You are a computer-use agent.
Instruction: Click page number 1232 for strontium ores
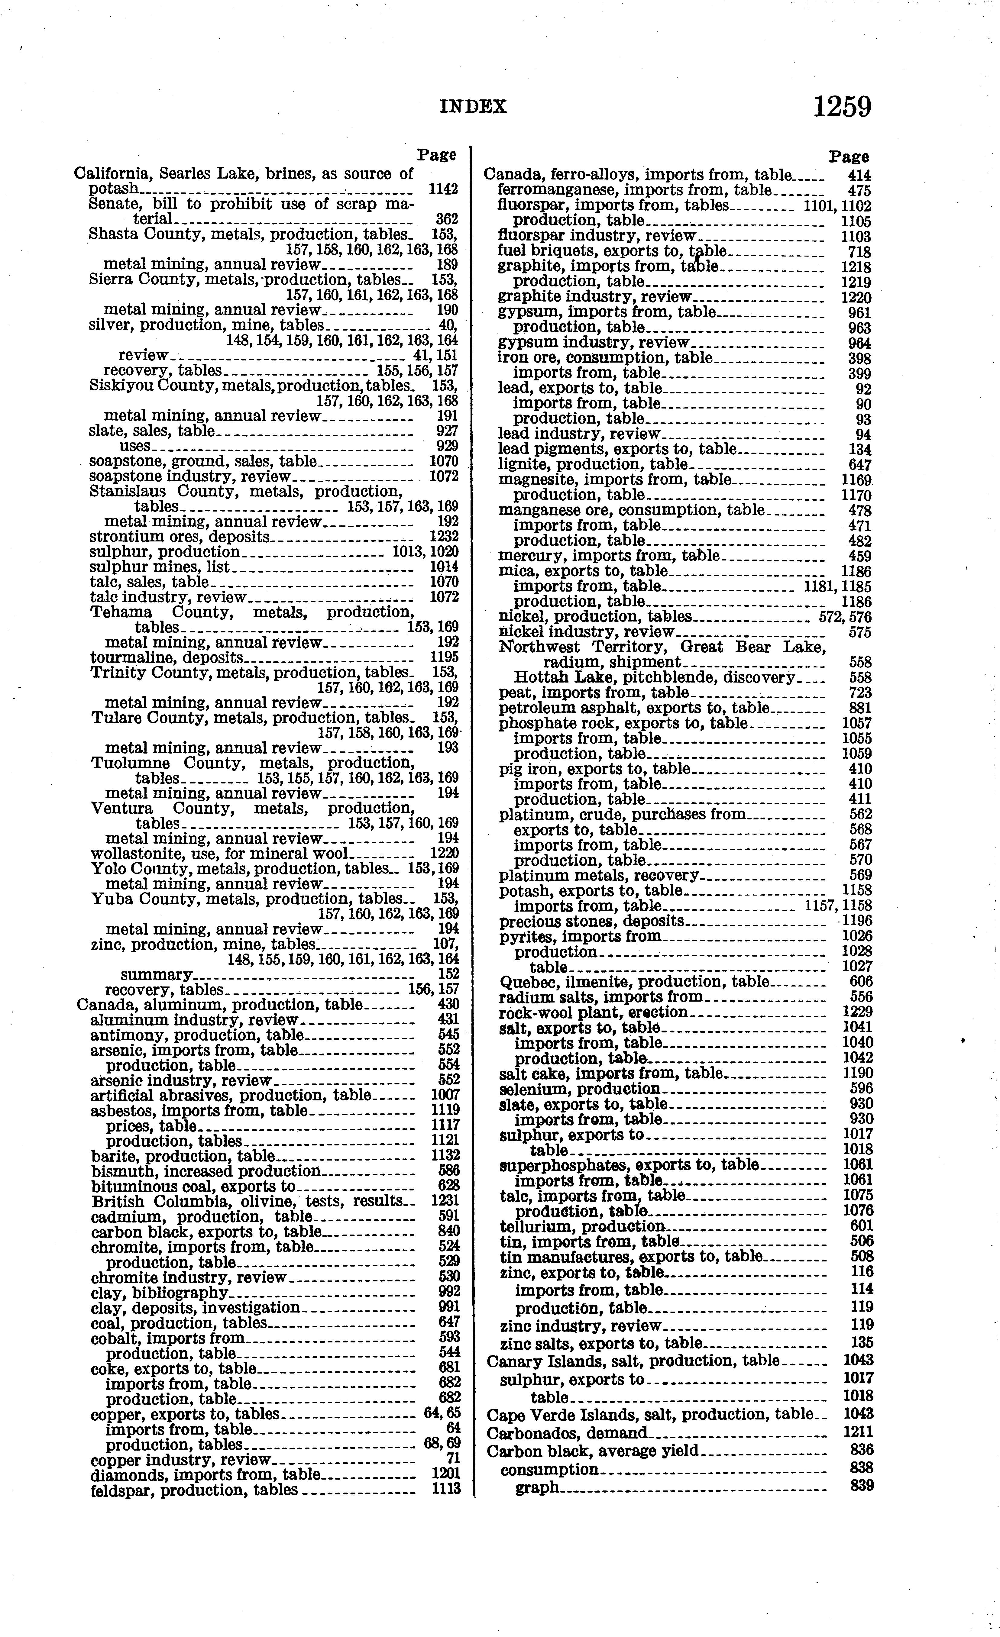click(444, 537)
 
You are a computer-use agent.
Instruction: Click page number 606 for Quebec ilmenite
click(861, 982)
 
